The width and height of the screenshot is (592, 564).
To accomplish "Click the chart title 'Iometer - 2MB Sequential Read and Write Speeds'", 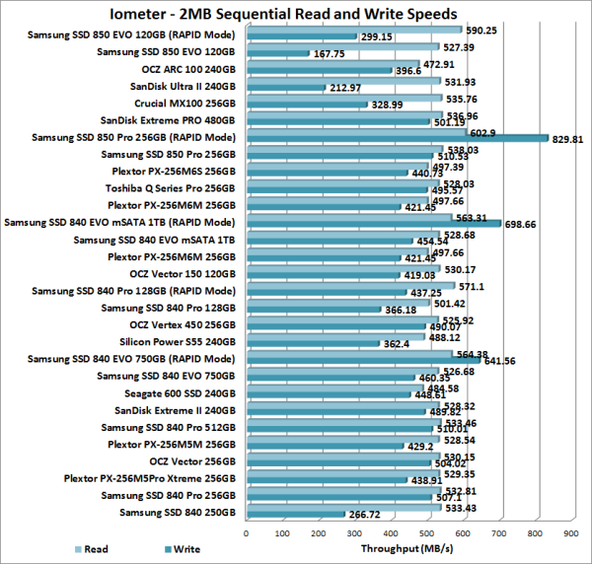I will point(295,14).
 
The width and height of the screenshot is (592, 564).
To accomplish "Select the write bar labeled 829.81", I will point(395,139).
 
